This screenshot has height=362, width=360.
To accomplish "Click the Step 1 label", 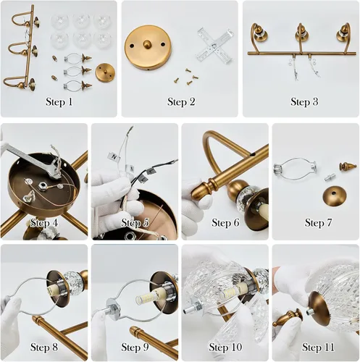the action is pos(59,101).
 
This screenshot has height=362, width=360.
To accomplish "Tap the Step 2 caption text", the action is pos(181,101).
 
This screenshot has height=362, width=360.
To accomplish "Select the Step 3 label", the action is pos(304,101).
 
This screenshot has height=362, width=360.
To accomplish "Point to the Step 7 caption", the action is pos(318,222).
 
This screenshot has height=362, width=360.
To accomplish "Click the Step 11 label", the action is pos(318,348).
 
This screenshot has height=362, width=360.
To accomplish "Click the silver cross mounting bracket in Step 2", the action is pos(214,46).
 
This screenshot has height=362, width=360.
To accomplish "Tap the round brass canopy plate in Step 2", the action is pos(148,46).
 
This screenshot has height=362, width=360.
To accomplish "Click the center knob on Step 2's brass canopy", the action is pos(146,44).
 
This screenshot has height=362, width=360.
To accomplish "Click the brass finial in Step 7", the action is pos(348,167).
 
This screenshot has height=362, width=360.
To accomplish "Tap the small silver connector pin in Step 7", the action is pos(330,178).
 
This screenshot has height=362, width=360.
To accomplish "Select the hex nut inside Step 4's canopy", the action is pos(42,186).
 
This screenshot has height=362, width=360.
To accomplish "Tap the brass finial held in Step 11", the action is pos(288,319).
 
